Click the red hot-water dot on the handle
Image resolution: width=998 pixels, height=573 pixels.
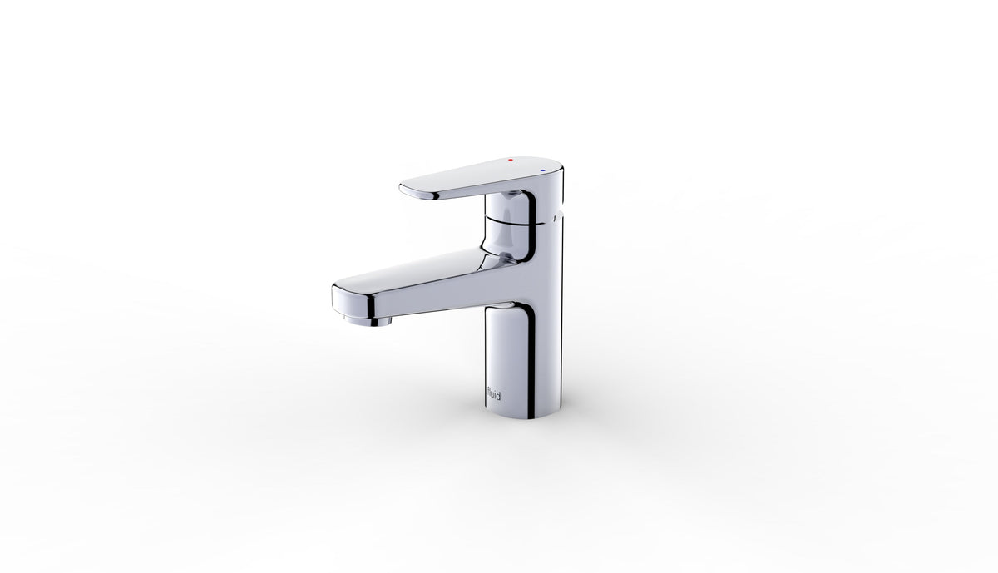click(x=511, y=159)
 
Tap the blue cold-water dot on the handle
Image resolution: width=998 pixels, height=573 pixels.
click(x=542, y=170)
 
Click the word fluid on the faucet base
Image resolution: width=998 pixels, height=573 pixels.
click(x=494, y=394)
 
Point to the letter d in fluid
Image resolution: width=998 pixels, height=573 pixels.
click(x=497, y=394)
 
